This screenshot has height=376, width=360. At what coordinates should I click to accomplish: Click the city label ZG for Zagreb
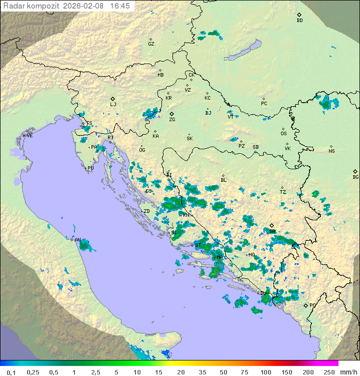tap(172, 120)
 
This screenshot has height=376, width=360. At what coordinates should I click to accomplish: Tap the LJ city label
tap(113, 105)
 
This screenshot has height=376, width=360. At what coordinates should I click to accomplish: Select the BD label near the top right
tap(299, 21)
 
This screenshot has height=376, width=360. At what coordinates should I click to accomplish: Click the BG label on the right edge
tap(355, 177)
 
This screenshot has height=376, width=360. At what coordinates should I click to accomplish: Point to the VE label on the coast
tap(29, 135)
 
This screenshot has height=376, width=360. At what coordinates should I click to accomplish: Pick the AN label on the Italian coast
tap(77, 240)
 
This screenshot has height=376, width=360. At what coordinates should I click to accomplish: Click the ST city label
tap(198, 245)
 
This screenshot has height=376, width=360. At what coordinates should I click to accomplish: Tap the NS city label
tap(331, 151)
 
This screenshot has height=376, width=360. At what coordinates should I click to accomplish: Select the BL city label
tap(223, 180)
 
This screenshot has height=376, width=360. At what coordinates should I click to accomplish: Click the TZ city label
tap(283, 192)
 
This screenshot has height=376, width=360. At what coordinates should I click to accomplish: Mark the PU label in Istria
tap(90, 168)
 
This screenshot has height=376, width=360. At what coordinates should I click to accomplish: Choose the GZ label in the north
tap(151, 44)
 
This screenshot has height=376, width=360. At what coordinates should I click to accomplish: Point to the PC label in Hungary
tap(264, 104)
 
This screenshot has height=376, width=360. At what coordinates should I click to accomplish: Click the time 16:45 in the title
tap(119, 6)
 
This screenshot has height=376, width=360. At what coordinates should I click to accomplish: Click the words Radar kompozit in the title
tap(31, 6)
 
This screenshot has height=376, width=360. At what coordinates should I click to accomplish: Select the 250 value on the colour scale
tap(328, 372)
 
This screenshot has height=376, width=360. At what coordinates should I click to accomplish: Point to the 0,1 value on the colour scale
tap(11, 372)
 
